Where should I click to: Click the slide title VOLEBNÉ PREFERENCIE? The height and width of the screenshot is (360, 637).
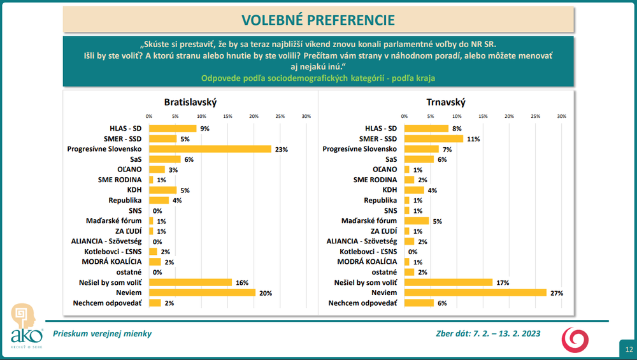(318, 20)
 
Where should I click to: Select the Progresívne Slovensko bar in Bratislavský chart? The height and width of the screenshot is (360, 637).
(210, 149)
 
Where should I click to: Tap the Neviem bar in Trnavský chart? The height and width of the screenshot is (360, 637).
(475, 292)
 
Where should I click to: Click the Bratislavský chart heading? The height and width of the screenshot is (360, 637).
(190, 102)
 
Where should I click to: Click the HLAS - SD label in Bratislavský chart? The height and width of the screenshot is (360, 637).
(125, 128)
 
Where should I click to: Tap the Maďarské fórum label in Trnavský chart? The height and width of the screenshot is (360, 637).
(371, 221)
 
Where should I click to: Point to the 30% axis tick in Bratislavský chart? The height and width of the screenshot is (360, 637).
(306, 116)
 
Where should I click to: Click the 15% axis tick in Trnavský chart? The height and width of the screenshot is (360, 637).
(483, 116)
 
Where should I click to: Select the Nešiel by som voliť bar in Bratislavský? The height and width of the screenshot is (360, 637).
(190, 282)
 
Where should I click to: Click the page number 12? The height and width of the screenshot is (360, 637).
(628, 349)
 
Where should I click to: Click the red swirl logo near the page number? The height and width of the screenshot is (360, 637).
(575, 339)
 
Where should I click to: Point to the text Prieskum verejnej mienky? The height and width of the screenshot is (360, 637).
(103, 333)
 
